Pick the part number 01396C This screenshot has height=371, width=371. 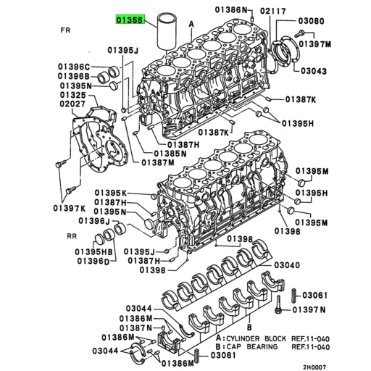tap(74, 67)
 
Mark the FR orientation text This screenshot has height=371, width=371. tap(66, 32)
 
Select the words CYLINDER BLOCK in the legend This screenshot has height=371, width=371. tap(250, 338)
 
